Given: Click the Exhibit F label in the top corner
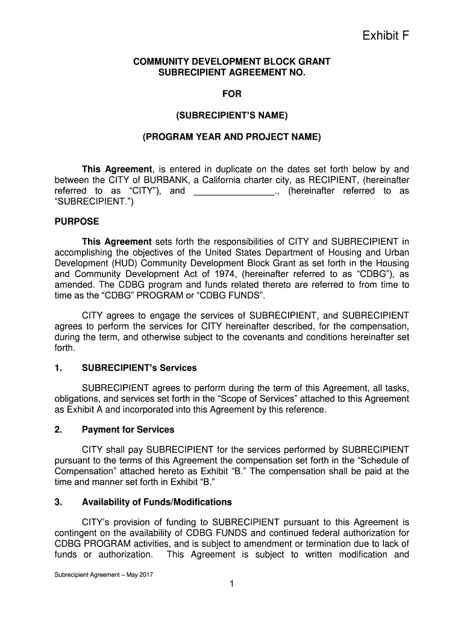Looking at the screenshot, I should [x=385, y=37].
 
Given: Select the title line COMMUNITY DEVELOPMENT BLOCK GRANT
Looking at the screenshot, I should [x=231, y=61].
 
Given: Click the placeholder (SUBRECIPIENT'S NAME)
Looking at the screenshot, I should [x=232, y=115].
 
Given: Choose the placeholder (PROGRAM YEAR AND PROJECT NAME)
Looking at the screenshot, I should [x=232, y=137].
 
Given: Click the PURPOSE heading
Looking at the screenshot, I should [x=77, y=222].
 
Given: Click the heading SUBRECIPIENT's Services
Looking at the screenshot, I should [x=139, y=368].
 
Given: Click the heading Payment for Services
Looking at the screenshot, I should [x=128, y=430].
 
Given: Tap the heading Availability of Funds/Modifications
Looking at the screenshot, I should [x=157, y=502].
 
